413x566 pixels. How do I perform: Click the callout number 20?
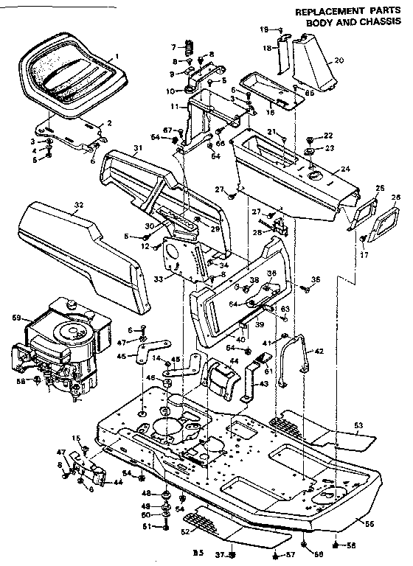pos(339,60)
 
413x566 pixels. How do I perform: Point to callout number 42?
pos(319,352)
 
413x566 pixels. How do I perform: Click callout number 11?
pos(175,107)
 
